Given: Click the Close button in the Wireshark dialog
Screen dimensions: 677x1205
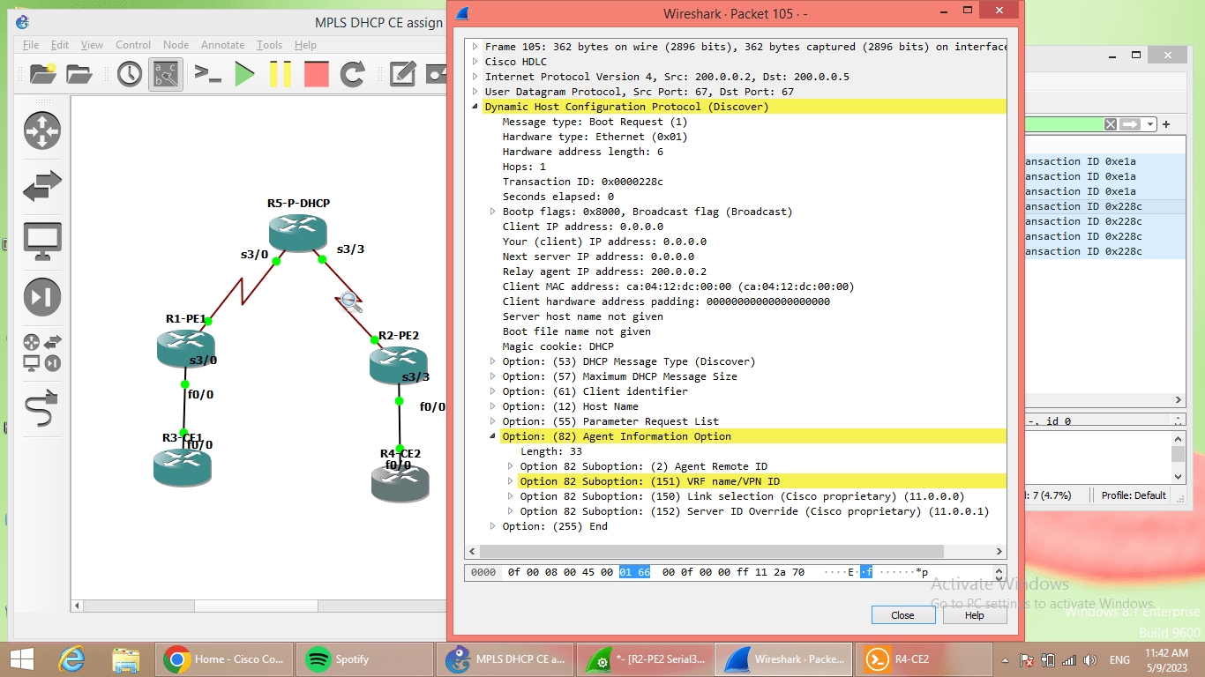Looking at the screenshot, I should click(902, 615).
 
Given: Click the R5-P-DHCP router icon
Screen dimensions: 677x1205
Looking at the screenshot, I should click(298, 231).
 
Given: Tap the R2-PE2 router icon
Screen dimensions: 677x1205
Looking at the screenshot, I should click(398, 364).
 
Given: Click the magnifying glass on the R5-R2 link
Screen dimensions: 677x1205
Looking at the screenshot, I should click(351, 301).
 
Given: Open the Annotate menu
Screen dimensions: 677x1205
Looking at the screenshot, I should click(222, 45).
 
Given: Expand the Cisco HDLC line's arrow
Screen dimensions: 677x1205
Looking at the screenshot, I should click(475, 62).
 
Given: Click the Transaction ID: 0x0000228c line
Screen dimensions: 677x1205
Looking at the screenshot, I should click(582, 182).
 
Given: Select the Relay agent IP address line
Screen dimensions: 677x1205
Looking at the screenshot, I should click(604, 272).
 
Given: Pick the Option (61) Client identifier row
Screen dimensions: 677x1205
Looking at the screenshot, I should click(595, 391).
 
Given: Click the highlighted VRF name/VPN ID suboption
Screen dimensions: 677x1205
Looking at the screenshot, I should click(649, 481).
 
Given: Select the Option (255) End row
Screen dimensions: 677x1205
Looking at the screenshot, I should click(555, 526).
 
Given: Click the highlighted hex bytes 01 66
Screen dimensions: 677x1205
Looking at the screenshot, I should click(634, 572).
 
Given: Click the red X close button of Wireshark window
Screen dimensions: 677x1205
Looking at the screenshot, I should click(999, 11).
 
